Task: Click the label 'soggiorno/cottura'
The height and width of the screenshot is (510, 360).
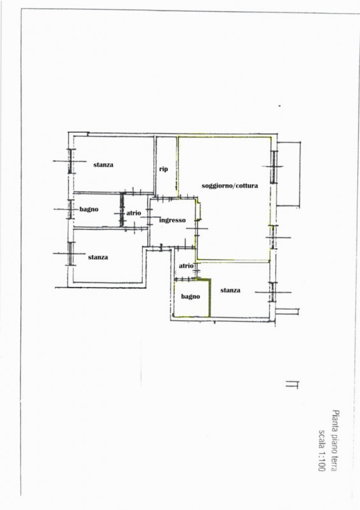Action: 229,186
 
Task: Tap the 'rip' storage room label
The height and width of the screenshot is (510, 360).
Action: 163,169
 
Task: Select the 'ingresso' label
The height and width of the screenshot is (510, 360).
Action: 173,220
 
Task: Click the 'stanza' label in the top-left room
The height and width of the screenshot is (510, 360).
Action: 103,164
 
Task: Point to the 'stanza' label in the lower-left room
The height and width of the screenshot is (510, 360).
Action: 98,258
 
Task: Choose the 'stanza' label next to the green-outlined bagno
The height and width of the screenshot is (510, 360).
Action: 230,290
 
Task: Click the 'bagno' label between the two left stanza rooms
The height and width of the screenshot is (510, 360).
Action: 89,209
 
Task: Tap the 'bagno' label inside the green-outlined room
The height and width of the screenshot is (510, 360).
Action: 191,296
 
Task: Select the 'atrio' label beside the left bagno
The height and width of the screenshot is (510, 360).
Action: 134,213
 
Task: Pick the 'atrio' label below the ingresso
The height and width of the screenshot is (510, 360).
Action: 186,266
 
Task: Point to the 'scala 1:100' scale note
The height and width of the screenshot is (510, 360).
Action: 322,450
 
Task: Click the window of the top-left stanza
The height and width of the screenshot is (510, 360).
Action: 70,161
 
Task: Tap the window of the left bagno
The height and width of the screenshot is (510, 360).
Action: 70,209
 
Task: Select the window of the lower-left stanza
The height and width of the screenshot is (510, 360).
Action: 71,253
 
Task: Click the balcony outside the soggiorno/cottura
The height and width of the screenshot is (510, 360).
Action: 289,174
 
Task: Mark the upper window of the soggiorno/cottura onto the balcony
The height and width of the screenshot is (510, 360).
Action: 274,167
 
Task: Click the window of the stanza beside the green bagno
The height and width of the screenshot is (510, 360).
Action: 273,292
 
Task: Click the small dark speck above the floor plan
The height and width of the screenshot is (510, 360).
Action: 279,106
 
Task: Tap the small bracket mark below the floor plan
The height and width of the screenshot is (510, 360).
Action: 292,384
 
